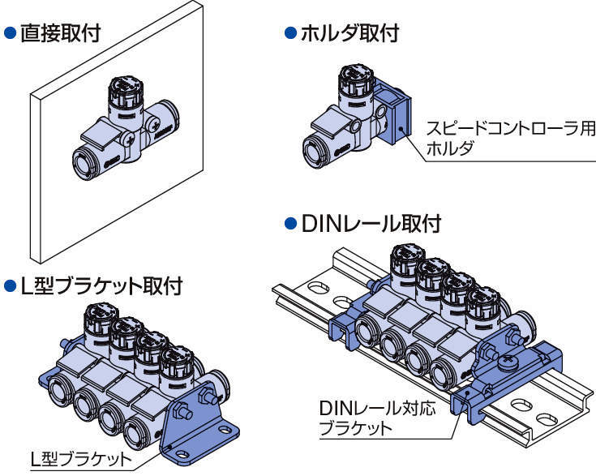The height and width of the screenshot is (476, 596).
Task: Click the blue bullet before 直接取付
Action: (x=11, y=35)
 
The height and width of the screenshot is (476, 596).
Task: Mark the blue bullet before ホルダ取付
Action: (x=290, y=33)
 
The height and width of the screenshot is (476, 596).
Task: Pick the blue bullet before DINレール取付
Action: (x=290, y=223)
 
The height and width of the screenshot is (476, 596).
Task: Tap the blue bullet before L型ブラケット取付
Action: (x=11, y=285)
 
